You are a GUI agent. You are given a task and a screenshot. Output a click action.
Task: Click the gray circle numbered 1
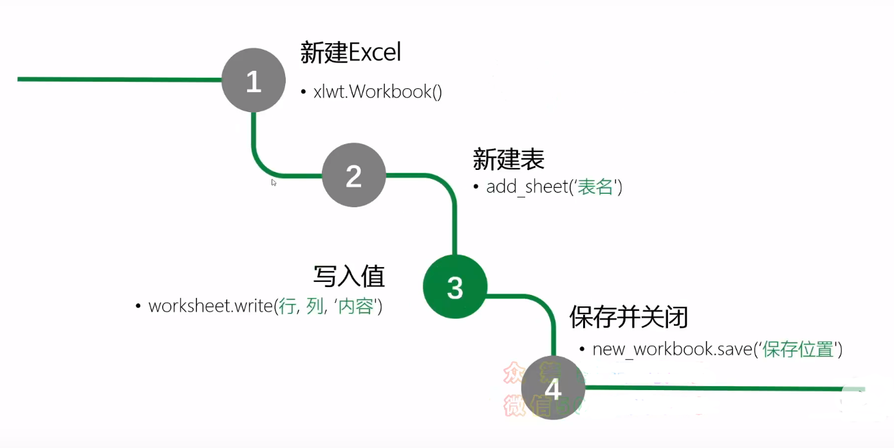pos(254,81)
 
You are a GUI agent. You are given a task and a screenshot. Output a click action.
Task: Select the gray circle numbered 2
pos(353,176)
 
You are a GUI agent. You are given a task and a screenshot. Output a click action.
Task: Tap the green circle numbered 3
pos(455,287)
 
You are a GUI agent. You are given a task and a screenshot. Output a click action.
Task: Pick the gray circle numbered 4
pos(553,388)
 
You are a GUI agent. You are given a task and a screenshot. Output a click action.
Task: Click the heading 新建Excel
pos(351,53)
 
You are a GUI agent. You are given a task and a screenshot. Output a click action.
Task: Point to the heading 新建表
pos(508,159)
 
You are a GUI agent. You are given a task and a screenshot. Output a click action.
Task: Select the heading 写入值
pos(349,275)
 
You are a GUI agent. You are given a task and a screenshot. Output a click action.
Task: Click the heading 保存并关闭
pos(629,317)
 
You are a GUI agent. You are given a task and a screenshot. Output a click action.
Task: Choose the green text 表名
pos(595,187)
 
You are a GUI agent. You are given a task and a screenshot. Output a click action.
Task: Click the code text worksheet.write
pos(211,306)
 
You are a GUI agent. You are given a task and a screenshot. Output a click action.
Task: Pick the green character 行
pos(286,306)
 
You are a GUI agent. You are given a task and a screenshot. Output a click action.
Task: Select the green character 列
pos(315,306)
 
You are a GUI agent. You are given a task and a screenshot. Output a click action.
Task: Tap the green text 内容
pos(356,306)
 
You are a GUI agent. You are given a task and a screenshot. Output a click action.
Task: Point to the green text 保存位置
pos(798,350)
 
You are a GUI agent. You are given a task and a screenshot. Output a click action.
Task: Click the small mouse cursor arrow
pos(274,182)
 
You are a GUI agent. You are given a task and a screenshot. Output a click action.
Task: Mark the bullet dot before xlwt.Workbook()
pos(304,92)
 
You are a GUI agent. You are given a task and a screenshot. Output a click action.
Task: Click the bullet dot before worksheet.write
pos(138,306)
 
